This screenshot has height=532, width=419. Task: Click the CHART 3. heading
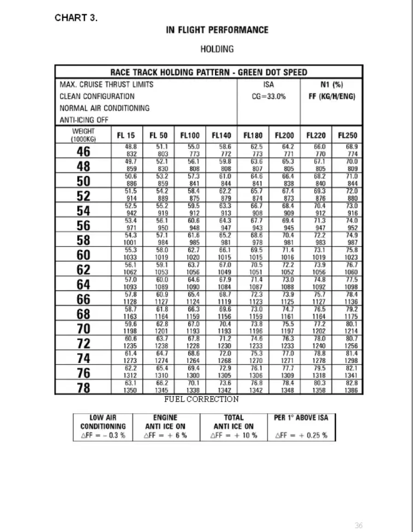tap(76, 18)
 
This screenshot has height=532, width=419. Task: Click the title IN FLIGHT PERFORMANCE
tap(217, 30)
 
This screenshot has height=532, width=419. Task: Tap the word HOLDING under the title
tap(217, 49)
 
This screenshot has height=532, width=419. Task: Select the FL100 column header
tap(190, 136)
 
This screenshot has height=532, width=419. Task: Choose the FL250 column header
tap(348, 136)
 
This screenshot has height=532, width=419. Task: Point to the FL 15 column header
tap(126, 136)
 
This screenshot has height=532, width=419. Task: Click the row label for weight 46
tap(83, 152)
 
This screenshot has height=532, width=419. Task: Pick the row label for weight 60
tap(83, 255)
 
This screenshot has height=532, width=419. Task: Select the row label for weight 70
tap(83, 328)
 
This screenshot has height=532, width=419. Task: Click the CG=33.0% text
tap(268, 97)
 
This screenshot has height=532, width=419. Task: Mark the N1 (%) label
tap(332, 85)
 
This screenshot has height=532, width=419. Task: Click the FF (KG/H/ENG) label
tap(332, 97)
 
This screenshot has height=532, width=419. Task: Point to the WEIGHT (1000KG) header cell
tap(83, 135)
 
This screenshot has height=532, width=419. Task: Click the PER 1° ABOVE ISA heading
tap(302, 418)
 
